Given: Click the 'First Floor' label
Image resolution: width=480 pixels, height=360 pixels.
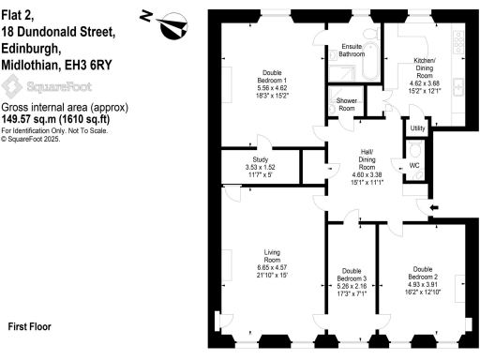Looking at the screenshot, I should (x=29, y=327).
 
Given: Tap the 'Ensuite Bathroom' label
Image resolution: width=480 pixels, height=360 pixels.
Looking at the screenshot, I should (x=352, y=52).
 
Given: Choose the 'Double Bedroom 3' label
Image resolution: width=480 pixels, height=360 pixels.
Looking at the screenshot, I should (x=351, y=278).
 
